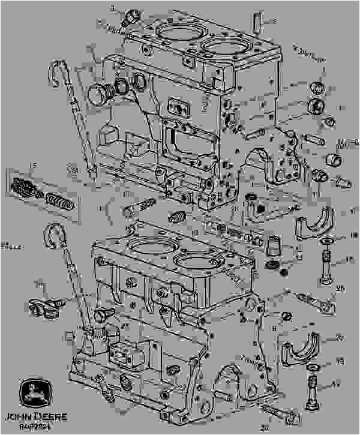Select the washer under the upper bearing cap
[328, 241]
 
